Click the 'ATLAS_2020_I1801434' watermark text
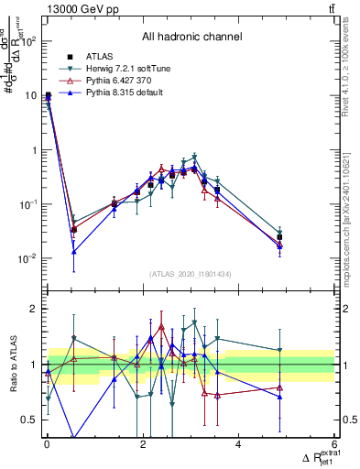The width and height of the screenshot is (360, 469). tap(191, 274)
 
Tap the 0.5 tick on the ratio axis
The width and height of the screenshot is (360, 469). tap(30, 420)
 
